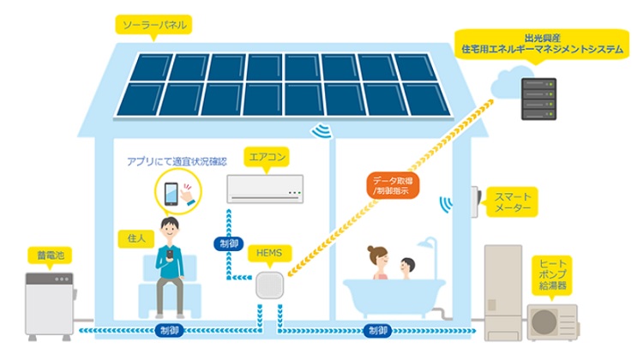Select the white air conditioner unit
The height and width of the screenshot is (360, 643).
tap(265, 189)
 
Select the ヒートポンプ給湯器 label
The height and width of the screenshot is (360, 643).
tap(550, 273)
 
